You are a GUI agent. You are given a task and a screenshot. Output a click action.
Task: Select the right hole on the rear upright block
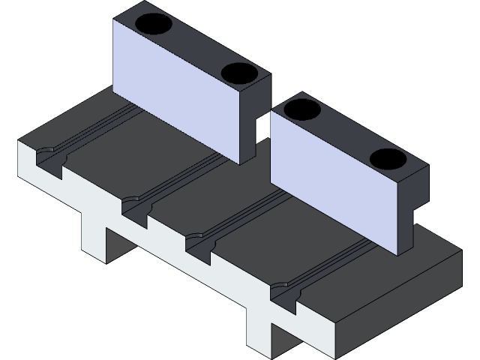tap(238, 73)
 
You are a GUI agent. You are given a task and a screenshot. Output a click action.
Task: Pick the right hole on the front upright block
tap(387, 159)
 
